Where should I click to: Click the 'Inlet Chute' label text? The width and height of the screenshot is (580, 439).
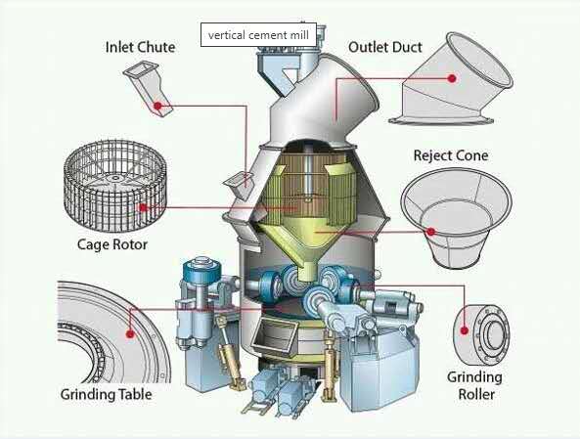(140, 47)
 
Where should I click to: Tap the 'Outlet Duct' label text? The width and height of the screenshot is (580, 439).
(385, 47)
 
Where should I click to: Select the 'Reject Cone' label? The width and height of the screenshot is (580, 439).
(451, 155)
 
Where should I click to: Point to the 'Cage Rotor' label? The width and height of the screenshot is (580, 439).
(112, 244)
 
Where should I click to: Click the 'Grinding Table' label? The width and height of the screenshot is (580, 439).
(107, 394)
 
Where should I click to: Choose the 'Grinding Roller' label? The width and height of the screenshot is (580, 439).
(475, 385)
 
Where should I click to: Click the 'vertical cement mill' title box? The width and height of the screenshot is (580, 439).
(258, 35)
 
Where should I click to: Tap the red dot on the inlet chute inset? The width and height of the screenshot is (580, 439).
(157, 106)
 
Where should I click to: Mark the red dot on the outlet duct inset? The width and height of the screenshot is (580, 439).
(452, 78)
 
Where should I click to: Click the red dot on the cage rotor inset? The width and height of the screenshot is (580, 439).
(143, 207)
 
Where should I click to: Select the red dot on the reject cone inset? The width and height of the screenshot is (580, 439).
(431, 232)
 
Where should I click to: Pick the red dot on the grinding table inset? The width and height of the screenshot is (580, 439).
(130, 334)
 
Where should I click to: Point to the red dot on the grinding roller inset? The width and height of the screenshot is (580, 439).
(465, 330)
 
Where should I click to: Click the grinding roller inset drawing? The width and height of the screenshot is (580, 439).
(481, 334)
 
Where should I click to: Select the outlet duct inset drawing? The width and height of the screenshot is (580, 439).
(451, 79)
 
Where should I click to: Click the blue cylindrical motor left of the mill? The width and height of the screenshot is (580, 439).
(201, 271)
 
